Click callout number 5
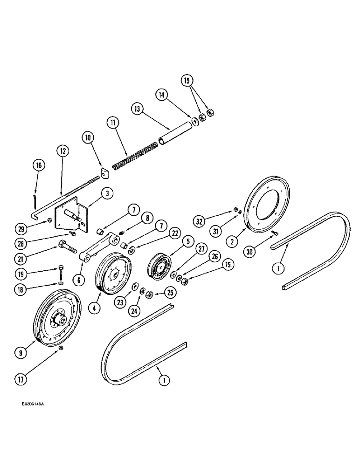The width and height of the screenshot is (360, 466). [x=174, y=242]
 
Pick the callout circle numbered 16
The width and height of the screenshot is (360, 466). [x=39, y=165]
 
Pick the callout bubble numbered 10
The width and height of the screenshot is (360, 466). [x=87, y=137]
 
